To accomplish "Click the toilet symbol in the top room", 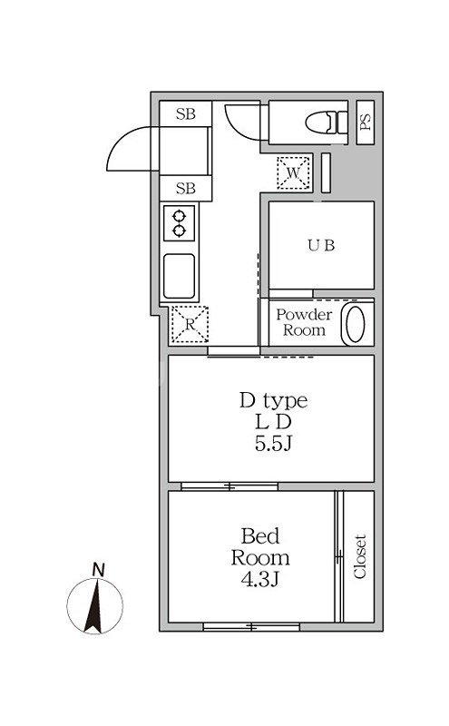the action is tap(327, 123).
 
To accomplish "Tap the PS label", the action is tap(366, 123).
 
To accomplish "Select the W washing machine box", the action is tap(294, 172).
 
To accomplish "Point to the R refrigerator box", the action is tap(190, 324).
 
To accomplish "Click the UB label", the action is tap(321, 245).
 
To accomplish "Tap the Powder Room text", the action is tap(304, 322).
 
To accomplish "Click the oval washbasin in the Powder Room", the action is tap(356, 323).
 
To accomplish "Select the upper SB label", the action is tap(186, 114).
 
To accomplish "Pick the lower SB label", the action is tap(186, 189).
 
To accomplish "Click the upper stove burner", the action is tap(179, 216).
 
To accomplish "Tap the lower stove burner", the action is tap(179, 231).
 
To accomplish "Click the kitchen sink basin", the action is tap(179, 277).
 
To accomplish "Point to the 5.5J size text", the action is tap(273, 444).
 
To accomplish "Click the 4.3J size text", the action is tap(259, 579).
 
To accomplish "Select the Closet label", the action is tap(360, 556).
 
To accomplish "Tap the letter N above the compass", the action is tap(98, 570).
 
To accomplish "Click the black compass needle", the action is tap(94, 606).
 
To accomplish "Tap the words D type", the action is tap(273, 401).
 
